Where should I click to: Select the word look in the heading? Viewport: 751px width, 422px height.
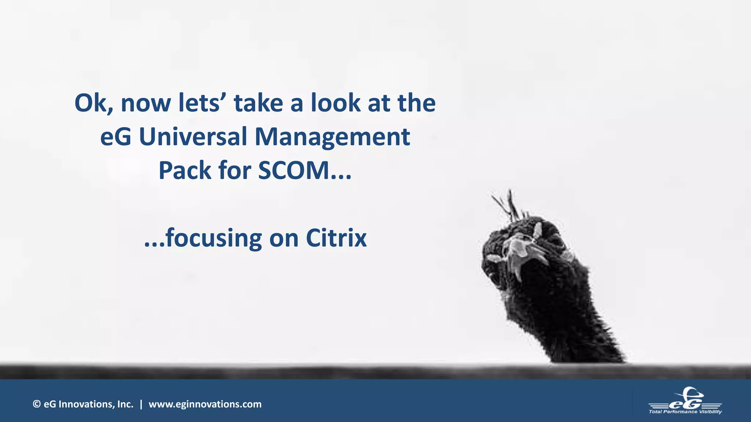336,103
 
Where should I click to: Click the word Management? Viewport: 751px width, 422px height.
332,137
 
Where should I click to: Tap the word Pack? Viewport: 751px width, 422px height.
184,171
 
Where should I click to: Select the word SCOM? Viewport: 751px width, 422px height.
293,171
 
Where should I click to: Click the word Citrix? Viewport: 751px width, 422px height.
336,238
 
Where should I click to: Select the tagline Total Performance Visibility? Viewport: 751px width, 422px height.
685,412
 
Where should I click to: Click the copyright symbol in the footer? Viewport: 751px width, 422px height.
36,404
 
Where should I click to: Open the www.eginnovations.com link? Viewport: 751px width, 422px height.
205,404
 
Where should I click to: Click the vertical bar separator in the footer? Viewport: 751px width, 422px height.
141,404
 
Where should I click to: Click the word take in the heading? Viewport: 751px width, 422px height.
259,103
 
